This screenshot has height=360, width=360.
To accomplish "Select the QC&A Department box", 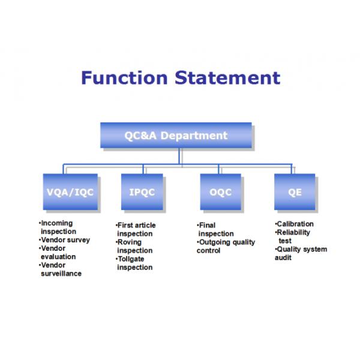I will (x=176, y=135).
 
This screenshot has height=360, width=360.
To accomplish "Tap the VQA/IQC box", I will (x=70, y=192).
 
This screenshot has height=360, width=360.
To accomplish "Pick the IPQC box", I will (x=142, y=192).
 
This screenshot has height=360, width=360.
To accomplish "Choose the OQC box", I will (x=220, y=192).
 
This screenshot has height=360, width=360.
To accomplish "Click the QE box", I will (x=295, y=192).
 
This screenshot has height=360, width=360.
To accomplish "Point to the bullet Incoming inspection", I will (x=58, y=227).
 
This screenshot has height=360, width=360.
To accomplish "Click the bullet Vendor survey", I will (x=65, y=240).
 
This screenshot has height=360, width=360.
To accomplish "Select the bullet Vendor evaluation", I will (x=58, y=253).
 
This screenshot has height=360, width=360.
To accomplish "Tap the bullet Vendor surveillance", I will (x=60, y=269).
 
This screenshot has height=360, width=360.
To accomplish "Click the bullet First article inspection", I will (x=136, y=230).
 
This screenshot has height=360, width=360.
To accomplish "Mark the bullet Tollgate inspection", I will (x=134, y=263).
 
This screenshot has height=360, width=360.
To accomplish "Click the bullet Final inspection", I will (x=215, y=230).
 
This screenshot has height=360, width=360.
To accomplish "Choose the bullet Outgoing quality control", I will (x=226, y=247).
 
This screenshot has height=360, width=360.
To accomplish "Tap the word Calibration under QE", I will (x=295, y=224).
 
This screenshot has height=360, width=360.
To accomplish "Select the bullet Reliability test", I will (x=293, y=236).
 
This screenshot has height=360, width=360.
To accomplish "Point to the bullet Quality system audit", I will (x=301, y=253).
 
